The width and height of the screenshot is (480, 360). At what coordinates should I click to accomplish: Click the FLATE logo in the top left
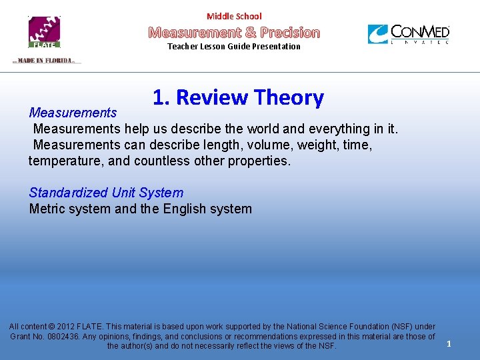[x=44, y=32]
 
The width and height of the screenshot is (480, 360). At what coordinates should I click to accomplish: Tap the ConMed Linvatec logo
[x=409, y=34]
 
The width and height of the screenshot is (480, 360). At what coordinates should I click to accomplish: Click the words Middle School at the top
[x=234, y=16]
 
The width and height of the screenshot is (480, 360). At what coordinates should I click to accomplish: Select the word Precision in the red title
[x=290, y=32]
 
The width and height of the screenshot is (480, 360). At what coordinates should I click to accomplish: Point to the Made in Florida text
[x=45, y=61]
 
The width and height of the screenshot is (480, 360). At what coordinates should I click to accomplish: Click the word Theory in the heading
[x=289, y=97]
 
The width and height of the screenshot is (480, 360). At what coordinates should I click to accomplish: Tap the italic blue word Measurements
[x=73, y=113]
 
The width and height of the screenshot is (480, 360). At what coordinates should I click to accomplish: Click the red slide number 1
[x=449, y=344]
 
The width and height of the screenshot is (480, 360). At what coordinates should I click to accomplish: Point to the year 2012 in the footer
[x=67, y=327]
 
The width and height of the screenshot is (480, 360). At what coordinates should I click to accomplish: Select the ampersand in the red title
[x=250, y=32]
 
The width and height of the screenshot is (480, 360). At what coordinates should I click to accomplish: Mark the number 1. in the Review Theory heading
[x=161, y=97]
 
